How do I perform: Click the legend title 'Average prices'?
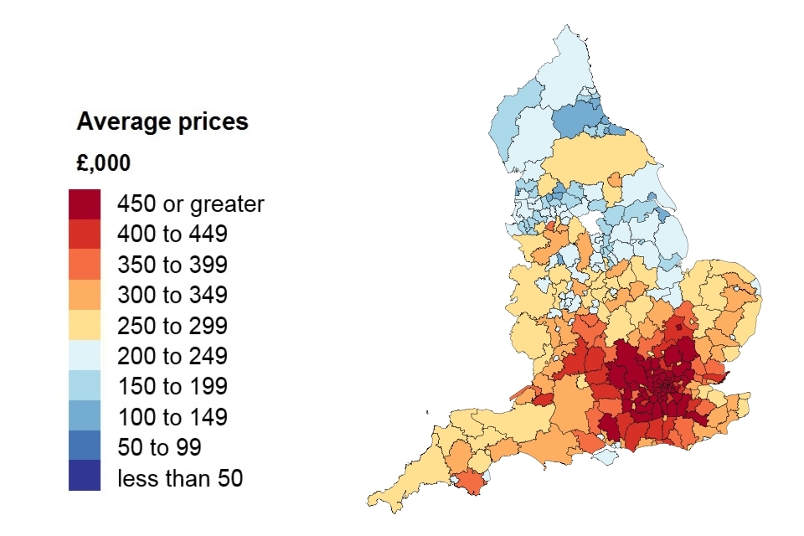click(162, 122)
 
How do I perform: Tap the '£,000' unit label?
click(103, 163)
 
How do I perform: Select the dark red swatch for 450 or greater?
click(85, 204)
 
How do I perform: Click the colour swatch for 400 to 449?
click(85, 234)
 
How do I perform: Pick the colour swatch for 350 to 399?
click(85, 265)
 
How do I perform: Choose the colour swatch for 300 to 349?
click(85, 295)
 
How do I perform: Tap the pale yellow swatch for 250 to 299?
click(85, 326)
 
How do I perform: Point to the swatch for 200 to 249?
click(85, 356)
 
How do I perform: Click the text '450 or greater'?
click(190, 204)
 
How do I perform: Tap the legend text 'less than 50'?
click(180, 478)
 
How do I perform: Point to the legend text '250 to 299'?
click(173, 326)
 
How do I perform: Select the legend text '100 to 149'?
click(173, 417)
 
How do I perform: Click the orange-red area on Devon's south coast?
click(472, 483)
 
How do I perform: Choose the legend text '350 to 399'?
click(173, 265)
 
